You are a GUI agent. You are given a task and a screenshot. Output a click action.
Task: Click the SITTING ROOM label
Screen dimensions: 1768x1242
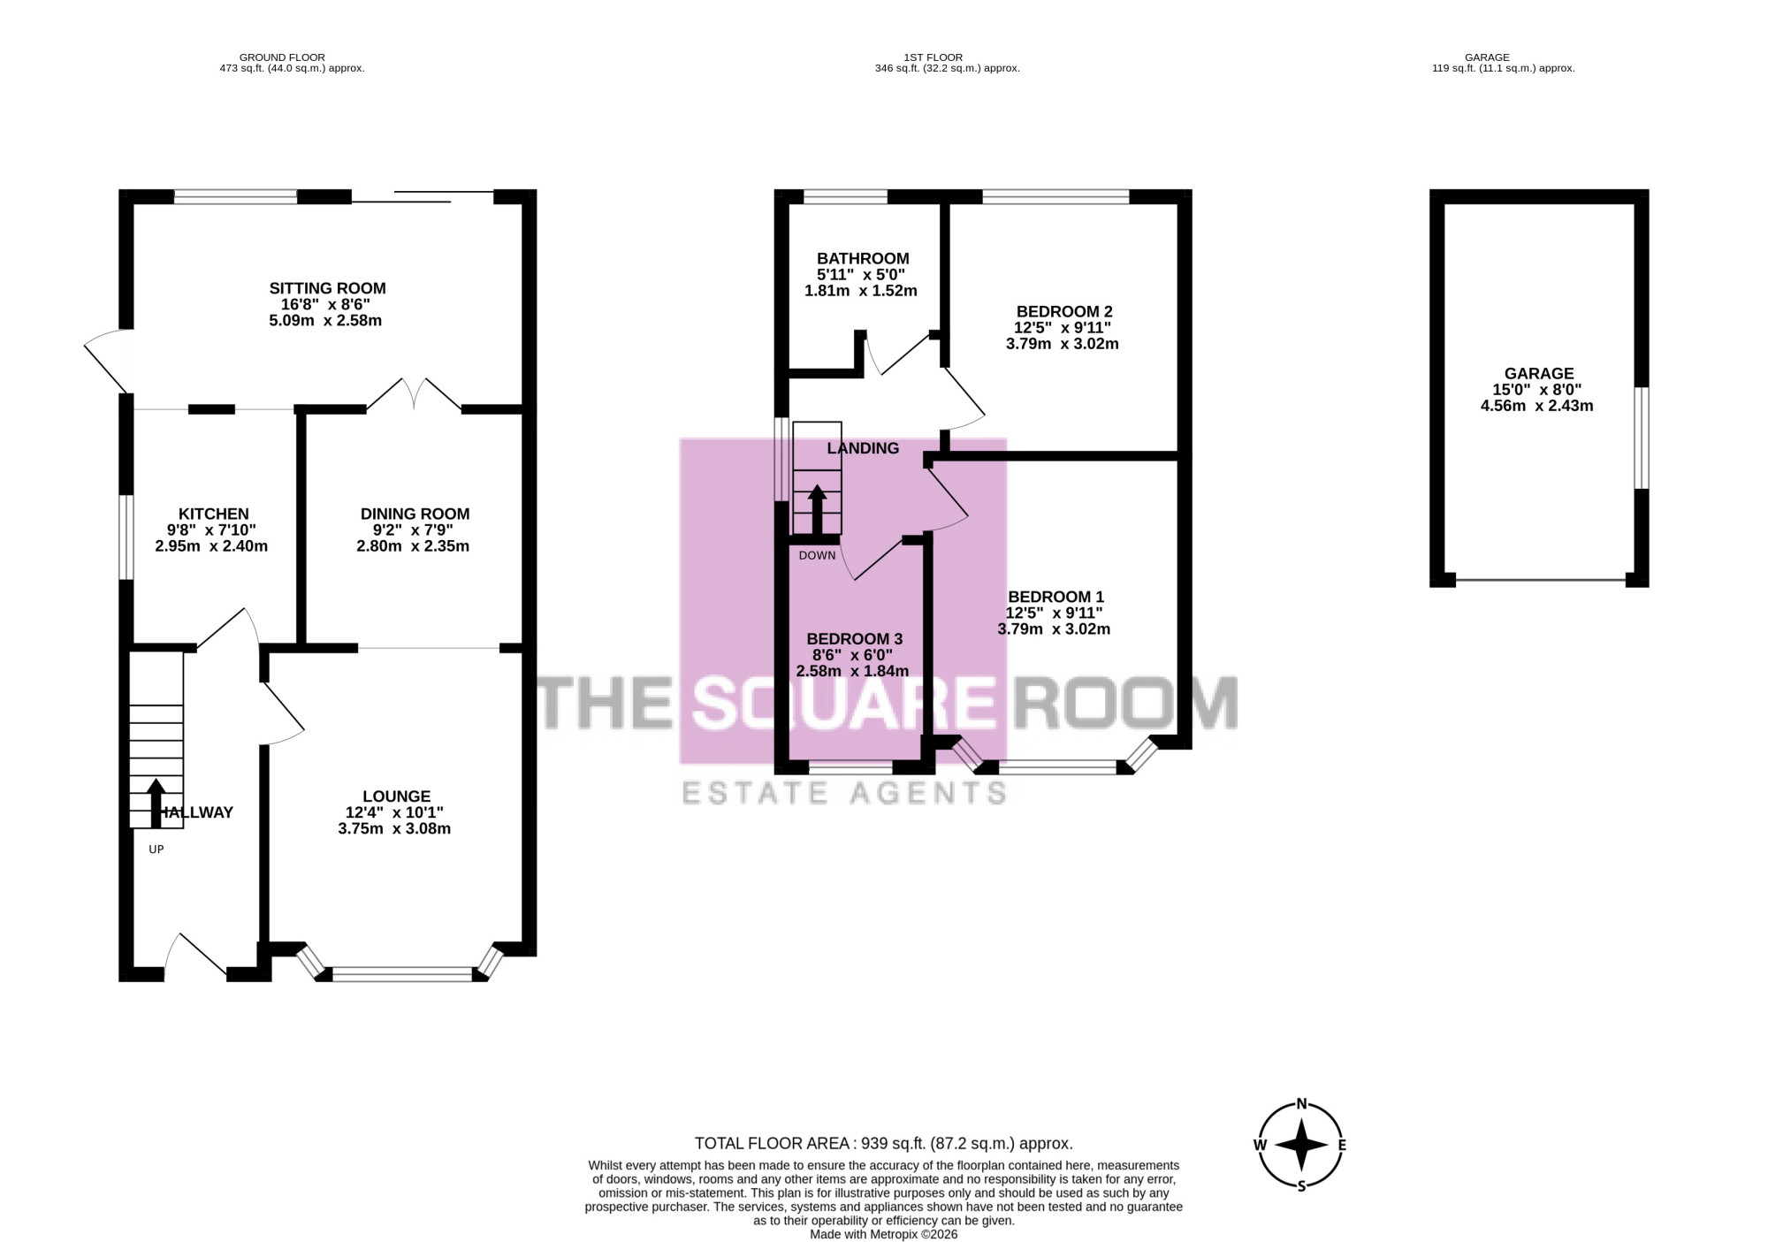pyautogui.click(x=327, y=288)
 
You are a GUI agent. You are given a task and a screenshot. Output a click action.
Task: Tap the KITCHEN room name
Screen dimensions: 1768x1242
pyautogui.click(x=214, y=514)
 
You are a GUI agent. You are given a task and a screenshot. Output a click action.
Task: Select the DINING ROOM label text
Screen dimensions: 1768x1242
pyautogui.click(x=415, y=514)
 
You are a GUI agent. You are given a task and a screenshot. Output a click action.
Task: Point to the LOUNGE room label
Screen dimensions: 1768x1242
pyautogui.click(x=396, y=796)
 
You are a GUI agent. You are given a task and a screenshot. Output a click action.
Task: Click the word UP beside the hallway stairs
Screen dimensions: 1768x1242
pyautogui.click(x=156, y=850)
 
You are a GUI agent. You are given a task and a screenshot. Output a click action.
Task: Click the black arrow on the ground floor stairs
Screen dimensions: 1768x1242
pyautogui.click(x=156, y=803)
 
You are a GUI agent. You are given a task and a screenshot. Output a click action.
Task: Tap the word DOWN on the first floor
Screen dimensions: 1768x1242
pyautogui.click(x=817, y=556)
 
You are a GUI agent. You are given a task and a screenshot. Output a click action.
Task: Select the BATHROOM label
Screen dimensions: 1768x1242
pyautogui.click(x=863, y=259)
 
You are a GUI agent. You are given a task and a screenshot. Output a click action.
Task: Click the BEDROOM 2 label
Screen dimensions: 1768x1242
pyautogui.click(x=1064, y=312)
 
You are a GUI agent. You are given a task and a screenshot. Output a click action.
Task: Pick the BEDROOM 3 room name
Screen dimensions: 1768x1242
pyautogui.click(x=855, y=639)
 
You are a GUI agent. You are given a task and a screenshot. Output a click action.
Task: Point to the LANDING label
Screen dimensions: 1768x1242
pyautogui.click(x=863, y=448)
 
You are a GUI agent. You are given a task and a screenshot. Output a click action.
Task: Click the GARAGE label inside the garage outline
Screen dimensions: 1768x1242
pyautogui.click(x=1539, y=374)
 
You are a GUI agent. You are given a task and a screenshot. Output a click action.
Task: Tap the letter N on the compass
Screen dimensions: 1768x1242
pyautogui.click(x=1301, y=1103)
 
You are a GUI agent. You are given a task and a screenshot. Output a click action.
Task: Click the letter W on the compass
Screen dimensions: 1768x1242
pyautogui.click(x=1260, y=1145)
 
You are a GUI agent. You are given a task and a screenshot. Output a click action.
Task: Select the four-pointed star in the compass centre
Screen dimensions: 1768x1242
pyautogui.click(x=1301, y=1145)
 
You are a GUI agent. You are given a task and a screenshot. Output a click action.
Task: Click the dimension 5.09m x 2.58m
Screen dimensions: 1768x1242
pyautogui.click(x=325, y=320)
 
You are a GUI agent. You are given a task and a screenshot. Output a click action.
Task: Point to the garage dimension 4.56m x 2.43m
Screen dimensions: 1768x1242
pyautogui.click(x=1537, y=406)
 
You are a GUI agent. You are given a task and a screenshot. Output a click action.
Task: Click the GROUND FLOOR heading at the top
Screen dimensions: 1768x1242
pyautogui.click(x=282, y=57)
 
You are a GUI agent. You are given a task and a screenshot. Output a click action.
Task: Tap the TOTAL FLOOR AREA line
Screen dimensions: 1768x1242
pyautogui.click(x=884, y=1144)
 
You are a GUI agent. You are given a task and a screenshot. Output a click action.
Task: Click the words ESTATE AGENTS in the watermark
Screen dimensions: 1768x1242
pyautogui.click(x=844, y=793)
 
